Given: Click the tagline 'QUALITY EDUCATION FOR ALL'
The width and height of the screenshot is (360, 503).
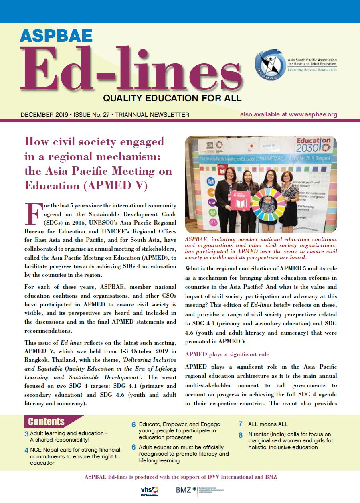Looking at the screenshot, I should pos(172,98).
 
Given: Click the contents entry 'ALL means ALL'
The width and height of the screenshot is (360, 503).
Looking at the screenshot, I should pos(268,424).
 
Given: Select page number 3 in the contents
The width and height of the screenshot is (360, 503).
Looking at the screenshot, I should pos(26,434).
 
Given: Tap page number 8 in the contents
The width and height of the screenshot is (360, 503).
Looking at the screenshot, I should pos(241,435).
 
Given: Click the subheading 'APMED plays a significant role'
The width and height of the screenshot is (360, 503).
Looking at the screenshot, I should pos(227,354).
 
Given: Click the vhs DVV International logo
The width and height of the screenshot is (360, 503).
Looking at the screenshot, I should pos(150,491).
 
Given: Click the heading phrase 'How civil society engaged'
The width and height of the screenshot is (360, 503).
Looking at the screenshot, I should pos(95,141).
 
